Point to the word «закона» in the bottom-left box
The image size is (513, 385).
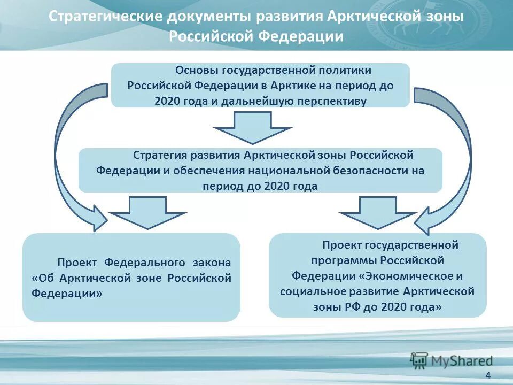coord(212,263)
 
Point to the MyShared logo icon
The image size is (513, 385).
coord(419,360)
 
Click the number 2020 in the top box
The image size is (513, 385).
coord(168,101)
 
